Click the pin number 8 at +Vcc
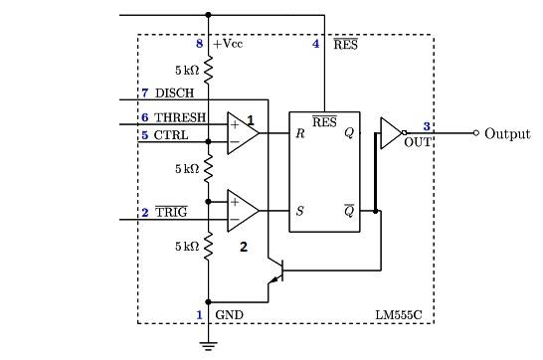[x=198, y=45]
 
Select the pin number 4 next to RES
[x=316, y=45]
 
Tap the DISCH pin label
[x=175, y=93]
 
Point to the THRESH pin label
[x=181, y=118]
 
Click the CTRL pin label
[x=171, y=135]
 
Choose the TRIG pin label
[x=171, y=213]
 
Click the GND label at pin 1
[x=229, y=315]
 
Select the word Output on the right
[x=507, y=133]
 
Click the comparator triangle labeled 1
[x=241, y=133]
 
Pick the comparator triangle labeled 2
[x=241, y=210]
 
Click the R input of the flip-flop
[x=298, y=133]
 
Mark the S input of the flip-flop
[x=298, y=211]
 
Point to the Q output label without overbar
[x=348, y=133]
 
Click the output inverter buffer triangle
[x=390, y=132]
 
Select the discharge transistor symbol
[x=278, y=274]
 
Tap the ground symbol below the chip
[x=208, y=345]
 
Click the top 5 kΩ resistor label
[x=186, y=71]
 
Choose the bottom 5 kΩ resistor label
[x=186, y=245]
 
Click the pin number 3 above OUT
[x=426, y=126]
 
